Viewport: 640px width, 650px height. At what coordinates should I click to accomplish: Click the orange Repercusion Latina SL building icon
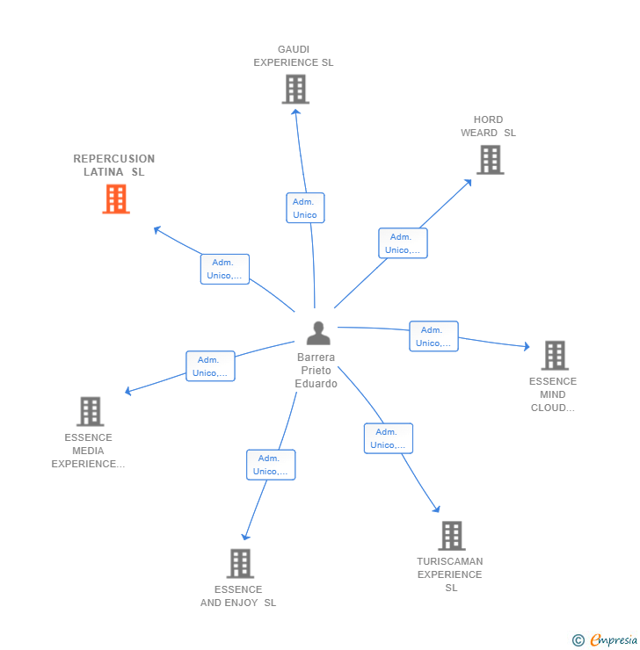[116, 199]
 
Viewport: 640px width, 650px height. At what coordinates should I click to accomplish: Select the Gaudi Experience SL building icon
[295, 90]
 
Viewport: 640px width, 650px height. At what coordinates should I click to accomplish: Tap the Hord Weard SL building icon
[490, 160]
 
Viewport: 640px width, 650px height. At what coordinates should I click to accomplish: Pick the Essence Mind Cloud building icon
[554, 356]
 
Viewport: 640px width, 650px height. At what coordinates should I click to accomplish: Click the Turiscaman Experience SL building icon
[451, 536]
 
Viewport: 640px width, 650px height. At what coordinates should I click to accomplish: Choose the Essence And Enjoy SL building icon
[239, 564]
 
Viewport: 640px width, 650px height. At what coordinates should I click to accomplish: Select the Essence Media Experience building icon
[90, 411]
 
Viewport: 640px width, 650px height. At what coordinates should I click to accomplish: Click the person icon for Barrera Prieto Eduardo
[318, 333]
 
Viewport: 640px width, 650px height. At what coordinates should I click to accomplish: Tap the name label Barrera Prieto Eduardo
[316, 371]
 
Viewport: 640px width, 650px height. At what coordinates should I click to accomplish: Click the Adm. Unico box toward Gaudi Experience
[305, 208]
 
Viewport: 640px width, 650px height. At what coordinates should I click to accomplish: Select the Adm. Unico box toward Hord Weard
[403, 243]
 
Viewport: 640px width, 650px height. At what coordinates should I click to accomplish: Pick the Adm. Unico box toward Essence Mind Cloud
[433, 336]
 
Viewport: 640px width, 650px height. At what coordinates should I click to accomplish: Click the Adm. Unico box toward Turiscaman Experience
[389, 438]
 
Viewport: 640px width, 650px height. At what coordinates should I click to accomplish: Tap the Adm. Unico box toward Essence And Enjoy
[271, 465]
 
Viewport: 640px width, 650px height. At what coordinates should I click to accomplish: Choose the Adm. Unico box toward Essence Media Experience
[210, 366]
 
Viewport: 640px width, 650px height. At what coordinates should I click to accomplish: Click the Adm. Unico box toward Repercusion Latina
[225, 269]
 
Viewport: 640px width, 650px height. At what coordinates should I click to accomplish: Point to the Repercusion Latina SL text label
[114, 165]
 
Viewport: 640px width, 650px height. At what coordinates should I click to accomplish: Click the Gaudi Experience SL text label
[294, 56]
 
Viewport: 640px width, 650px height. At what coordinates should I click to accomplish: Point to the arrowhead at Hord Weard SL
[469, 182]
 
